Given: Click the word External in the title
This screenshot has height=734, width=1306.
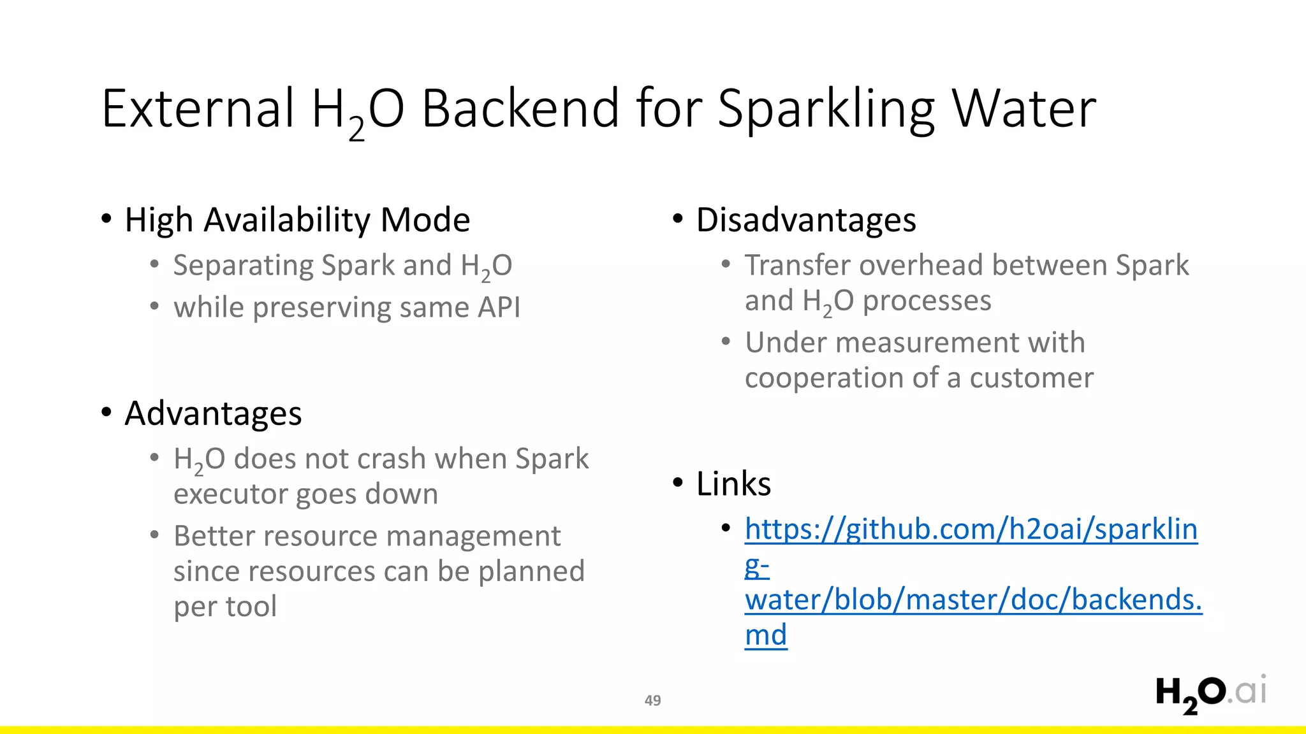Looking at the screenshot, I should [198, 108].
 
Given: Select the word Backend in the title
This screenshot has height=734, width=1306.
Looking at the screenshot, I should [520, 108].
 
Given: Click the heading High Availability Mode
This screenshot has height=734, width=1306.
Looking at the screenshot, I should [297, 220].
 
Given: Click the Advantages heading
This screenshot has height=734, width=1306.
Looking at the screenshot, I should [213, 414].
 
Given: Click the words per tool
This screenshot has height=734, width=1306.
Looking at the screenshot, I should [225, 607].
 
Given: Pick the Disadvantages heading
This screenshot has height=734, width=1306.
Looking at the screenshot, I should [805, 220].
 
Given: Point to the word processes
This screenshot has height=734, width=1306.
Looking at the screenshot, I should [927, 301].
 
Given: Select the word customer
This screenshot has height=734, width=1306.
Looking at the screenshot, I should [1031, 378].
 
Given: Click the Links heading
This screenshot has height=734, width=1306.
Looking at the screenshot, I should [733, 484].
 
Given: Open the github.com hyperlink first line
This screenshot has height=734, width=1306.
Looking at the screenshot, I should [971, 529].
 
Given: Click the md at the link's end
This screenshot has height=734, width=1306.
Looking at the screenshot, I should [765, 635].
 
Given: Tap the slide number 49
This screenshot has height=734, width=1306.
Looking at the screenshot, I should [652, 700].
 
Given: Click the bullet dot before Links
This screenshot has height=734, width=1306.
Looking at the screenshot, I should [678, 482].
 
